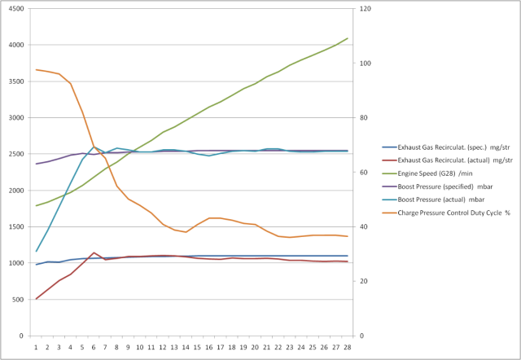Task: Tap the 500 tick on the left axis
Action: tap(18, 299)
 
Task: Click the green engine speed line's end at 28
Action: tap(348, 38)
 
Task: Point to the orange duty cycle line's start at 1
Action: tap(37, 70)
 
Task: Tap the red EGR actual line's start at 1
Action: tap(37, 299)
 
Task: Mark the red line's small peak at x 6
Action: tap(94, 252)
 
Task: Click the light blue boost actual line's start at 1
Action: tap(37, 251)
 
